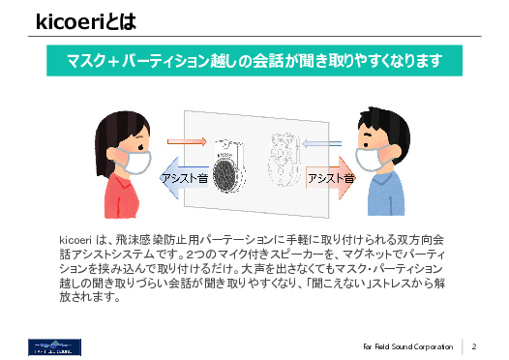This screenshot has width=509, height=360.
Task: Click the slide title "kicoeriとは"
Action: click(x=81, y=21)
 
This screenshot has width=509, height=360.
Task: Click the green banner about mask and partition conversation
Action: click(x=254, y=63)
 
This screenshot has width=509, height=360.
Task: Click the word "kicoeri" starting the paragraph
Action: click(x=75, y=238)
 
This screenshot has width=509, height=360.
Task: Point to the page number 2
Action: click(x=476, y=345)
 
